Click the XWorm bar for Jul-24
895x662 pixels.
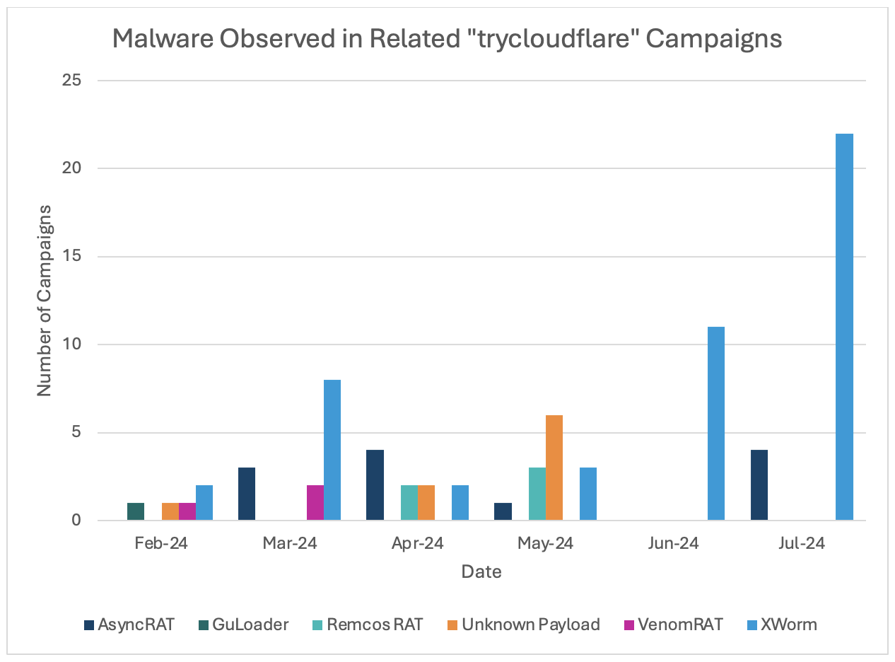tap(844, 327)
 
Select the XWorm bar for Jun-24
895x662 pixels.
tap(716, 424)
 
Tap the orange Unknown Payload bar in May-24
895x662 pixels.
tap(554, 468)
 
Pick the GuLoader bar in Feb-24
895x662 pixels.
tap(136, 511)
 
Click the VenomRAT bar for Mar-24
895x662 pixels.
tap(315, 503)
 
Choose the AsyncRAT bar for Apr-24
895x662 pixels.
tap(375, 485)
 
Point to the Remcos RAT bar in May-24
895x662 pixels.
tap(537, 494)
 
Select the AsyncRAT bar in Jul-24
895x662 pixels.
tap(759, 485)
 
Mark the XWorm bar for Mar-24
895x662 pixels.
tap(332, 450)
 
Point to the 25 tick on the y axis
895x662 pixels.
tap(72, 81)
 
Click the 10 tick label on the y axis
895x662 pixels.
tap(72, 344)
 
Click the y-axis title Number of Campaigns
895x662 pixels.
tap(45, 301)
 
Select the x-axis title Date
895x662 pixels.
tap(481, 571)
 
